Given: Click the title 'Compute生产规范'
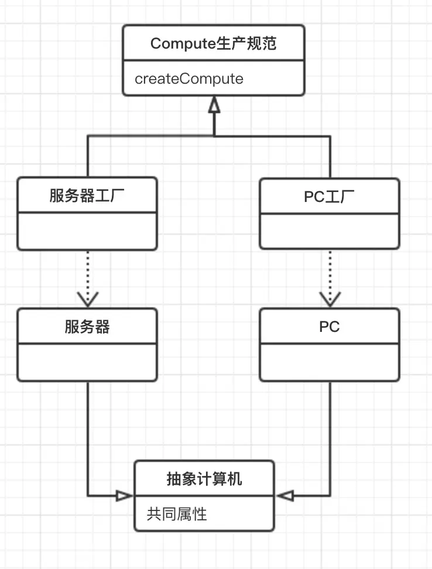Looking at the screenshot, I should pos(214,44).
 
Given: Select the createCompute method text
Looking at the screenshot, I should pos(189,79).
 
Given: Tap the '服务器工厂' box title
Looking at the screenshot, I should pos(87,196).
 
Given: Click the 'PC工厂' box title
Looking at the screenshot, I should pos(330,196).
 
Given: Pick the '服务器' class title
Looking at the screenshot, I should pos(87,327).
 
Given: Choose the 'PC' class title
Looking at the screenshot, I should pos(330,327).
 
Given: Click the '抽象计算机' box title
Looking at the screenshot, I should pos(204,479).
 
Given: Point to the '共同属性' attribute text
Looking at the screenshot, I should pos(177,514).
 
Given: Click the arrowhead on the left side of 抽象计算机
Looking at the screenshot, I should pos(124,496).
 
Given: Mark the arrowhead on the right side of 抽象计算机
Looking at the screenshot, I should pos(284,496).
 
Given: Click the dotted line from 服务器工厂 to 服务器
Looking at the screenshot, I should pos(87,272).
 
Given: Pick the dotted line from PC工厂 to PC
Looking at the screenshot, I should pos(330,272).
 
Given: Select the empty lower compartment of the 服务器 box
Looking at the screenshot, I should pos(87,362).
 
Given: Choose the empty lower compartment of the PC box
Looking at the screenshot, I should pos(330,362).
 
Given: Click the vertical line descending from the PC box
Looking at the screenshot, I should pos(330,439).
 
